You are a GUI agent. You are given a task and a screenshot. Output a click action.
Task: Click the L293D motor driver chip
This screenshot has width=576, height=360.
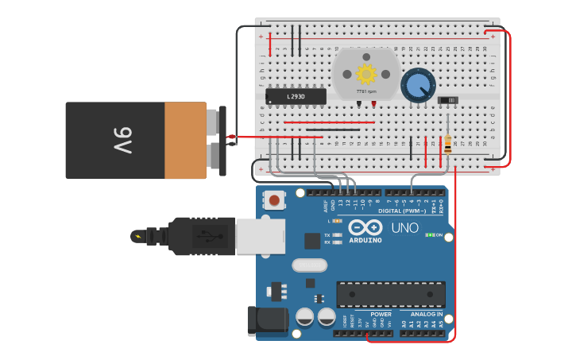[296, 96]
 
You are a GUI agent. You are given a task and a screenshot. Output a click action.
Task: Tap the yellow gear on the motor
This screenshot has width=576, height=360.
[365, 74]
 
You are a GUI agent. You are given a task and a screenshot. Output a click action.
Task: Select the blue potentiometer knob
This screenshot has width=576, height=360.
[418, 85]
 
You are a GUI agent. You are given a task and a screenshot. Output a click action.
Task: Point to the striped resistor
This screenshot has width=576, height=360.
[448, 145]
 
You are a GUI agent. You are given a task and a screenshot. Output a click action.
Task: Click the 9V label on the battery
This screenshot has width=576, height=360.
[122, 140]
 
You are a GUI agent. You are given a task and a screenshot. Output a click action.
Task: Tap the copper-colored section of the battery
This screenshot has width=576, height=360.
[185, 140]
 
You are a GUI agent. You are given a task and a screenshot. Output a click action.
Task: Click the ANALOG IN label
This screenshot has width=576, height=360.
[427, 314]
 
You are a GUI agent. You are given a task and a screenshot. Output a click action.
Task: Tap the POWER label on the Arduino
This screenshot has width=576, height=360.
[380, 314]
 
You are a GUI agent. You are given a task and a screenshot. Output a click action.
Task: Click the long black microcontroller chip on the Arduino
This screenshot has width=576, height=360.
[391, 294]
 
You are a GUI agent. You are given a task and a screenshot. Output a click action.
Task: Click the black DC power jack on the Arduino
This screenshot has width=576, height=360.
[266, 319]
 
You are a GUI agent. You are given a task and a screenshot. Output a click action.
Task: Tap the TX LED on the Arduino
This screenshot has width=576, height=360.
[338, 235]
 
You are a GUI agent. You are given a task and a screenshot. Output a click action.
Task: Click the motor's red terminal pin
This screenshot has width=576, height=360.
[373, 104]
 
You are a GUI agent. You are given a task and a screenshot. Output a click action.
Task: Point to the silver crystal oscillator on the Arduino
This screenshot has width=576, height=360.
[309, 265]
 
